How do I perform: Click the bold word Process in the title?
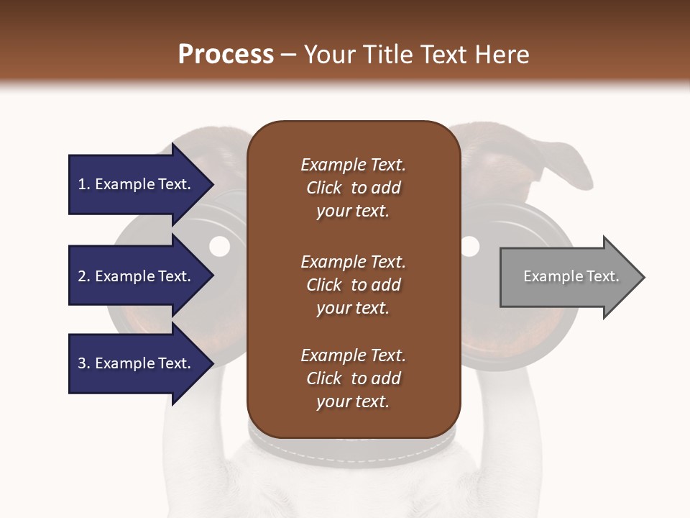(226, 54)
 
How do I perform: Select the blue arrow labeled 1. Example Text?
(137, 184)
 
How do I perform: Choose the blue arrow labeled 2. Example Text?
(137, 276)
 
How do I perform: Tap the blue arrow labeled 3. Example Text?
(137, 363)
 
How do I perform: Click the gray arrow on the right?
(568, 277)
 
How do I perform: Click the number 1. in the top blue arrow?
(84, 184)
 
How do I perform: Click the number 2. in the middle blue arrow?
(84, 276)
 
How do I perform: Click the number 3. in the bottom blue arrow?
(84, 363)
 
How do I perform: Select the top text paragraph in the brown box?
(353, 188)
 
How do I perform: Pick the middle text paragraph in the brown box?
(353, 284)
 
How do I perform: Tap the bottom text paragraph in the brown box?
(353, 378)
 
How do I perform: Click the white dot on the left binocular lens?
(219, 247)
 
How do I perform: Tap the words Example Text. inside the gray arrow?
(571, 276)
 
